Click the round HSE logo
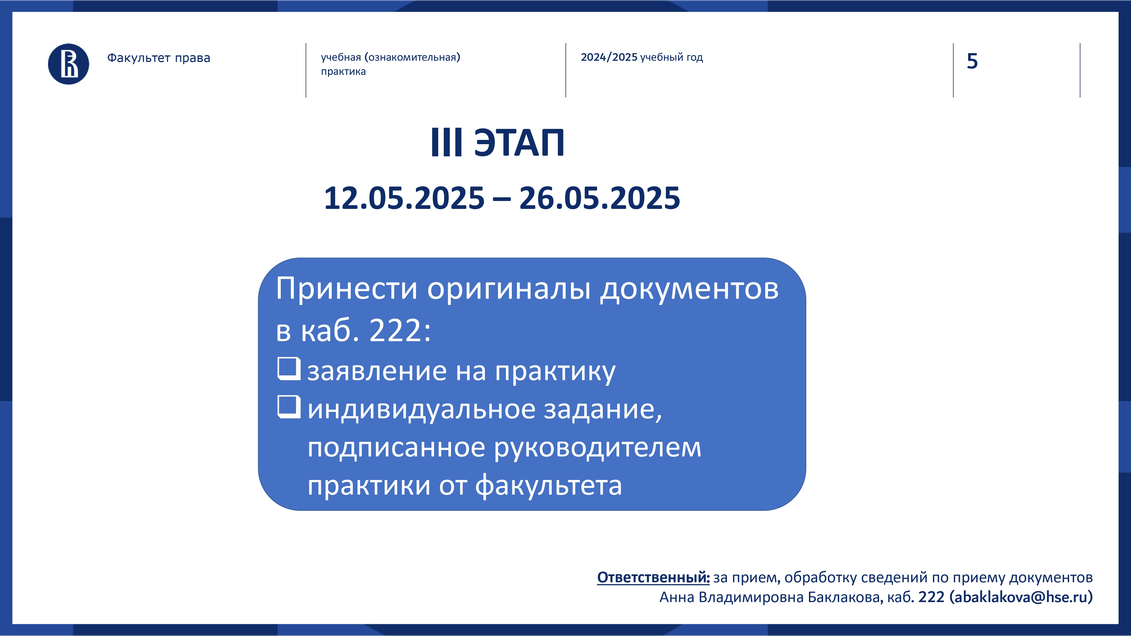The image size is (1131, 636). point(68,64)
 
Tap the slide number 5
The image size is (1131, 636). point(972,61)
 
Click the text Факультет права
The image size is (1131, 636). point(159,58)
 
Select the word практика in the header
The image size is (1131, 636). point(343,72)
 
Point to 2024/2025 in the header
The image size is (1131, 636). point(609,57)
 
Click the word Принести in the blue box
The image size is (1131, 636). point(346,289)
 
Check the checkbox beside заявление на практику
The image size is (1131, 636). point(289,369)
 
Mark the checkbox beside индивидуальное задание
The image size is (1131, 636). point(289,407)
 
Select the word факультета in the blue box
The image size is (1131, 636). point(549,486)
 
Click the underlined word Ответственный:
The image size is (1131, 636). point(653,577)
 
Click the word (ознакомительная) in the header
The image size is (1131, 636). point(412,57)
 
